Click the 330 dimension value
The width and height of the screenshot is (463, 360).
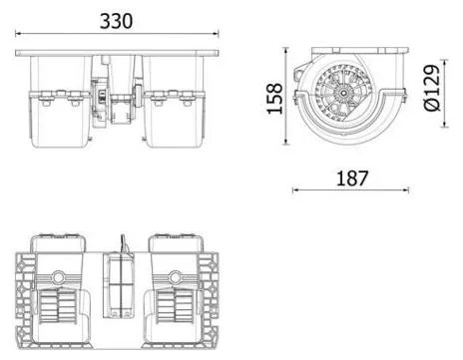tap(116, 21)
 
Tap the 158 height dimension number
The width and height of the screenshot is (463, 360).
tap(274, 99)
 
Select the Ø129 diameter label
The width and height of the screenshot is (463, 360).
tap(432, 88)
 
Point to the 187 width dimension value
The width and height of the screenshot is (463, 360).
tap(352, 178)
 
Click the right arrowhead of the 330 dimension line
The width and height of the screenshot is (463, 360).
tap(216, 33)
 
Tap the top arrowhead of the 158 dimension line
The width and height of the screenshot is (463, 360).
tap(285, 51)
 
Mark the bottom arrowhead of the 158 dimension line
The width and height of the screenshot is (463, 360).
tap(285, 142)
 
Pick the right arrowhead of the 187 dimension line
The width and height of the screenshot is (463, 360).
tap(405, 190)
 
